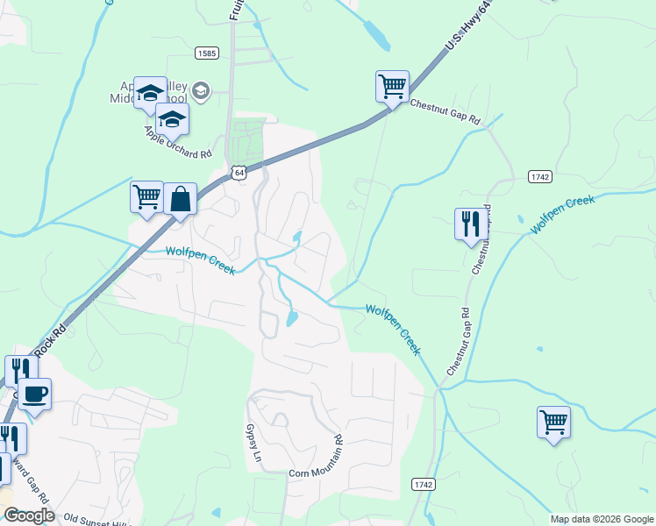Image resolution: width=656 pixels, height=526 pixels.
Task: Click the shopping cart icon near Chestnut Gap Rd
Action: pyautogui.click(x=392, y=87)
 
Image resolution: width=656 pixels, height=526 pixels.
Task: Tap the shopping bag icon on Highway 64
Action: pyautogui.click(x=180, y=199)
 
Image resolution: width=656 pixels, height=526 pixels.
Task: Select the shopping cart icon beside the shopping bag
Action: pyautogui.click(x=146, y=196)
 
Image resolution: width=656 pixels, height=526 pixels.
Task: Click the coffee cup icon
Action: pyautogui.click(x=34, y=394)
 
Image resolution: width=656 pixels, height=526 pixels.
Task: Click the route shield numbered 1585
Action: pyautogui.click(x=207, y=53)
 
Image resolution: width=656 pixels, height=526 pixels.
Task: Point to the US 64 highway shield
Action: pyautogui.click(x=239, y=172)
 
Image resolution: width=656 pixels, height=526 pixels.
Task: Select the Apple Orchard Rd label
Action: pyautogui.click(x=178, y=142)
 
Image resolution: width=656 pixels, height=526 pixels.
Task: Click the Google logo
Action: pyautogui.click(x=28, y=515)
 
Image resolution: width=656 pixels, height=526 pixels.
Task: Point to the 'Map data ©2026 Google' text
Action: pyautogui.click(x=601, y=519)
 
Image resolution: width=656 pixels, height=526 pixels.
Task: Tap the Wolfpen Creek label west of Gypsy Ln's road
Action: pyautogui.click(x=201, y=259)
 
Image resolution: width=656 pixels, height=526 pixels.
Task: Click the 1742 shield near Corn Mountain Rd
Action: pyautogui.click(x=423, y=483)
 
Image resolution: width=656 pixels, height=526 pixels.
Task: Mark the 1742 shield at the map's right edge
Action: pyautogui.click(x=540, y=176)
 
